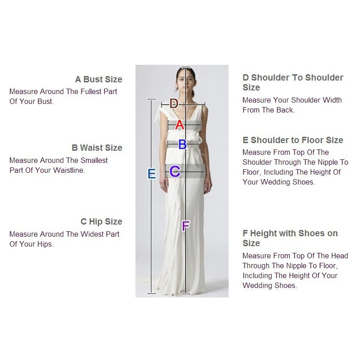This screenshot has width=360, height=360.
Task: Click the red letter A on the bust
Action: pos(180,125)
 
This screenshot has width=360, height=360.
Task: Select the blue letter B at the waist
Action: pos(182,144)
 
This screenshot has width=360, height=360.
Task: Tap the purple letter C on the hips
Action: pos(175,171)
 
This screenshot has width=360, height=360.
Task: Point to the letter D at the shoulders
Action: pos(174,104)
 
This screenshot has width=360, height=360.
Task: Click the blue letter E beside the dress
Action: pos(152,174)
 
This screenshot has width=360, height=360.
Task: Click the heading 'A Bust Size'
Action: pos(99,80)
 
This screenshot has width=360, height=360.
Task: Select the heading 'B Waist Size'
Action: pos(97,148)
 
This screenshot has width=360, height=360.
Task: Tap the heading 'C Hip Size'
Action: pos(101,222)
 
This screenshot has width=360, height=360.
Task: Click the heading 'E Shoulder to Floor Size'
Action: pos(292,140)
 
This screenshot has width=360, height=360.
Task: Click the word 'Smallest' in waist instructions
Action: pos(94,161)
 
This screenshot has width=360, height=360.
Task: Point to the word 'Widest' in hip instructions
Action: pos(93,234)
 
